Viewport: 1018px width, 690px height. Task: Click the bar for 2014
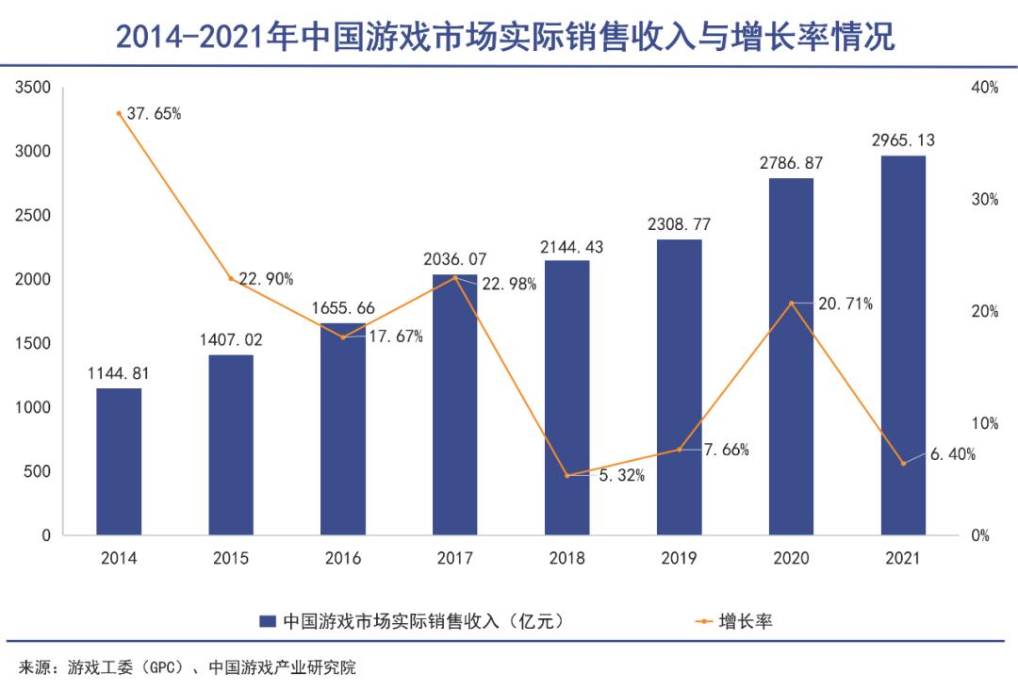pyautogui.click(x=119, y=462)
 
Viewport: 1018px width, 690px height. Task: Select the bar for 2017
pyautogui.click(x=455, y=405)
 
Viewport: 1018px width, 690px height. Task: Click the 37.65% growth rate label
pyautogui.click(x=154, y=114)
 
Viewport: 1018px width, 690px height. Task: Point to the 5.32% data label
pyautogui.click(x=621, y=476)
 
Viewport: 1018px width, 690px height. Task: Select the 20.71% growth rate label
pyautogui.click(x=845, y=304)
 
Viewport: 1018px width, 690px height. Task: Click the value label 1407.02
pyautogui.click(x=231, y=339)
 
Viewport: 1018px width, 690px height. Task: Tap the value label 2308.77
pyautogui.click(x=679, y=224)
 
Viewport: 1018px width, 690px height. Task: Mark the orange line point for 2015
pyautogui.click(x=231, y=278)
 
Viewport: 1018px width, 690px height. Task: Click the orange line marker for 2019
pyautogui.click(x=679, y=450)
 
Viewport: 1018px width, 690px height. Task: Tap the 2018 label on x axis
pyautogui.click(x=566, y=558)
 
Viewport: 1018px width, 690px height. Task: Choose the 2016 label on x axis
pyautogui.click(x=343, y=558)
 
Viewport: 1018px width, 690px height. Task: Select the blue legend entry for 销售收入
pyautogui.click(x=415, y=621)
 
